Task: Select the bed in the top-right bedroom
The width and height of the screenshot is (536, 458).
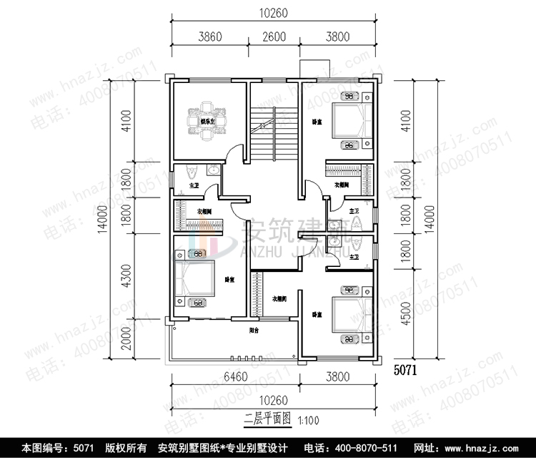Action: (351, 121)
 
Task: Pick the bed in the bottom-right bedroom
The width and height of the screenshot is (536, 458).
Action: (352, 315)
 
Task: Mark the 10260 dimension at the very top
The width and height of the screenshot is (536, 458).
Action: (274, 12)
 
